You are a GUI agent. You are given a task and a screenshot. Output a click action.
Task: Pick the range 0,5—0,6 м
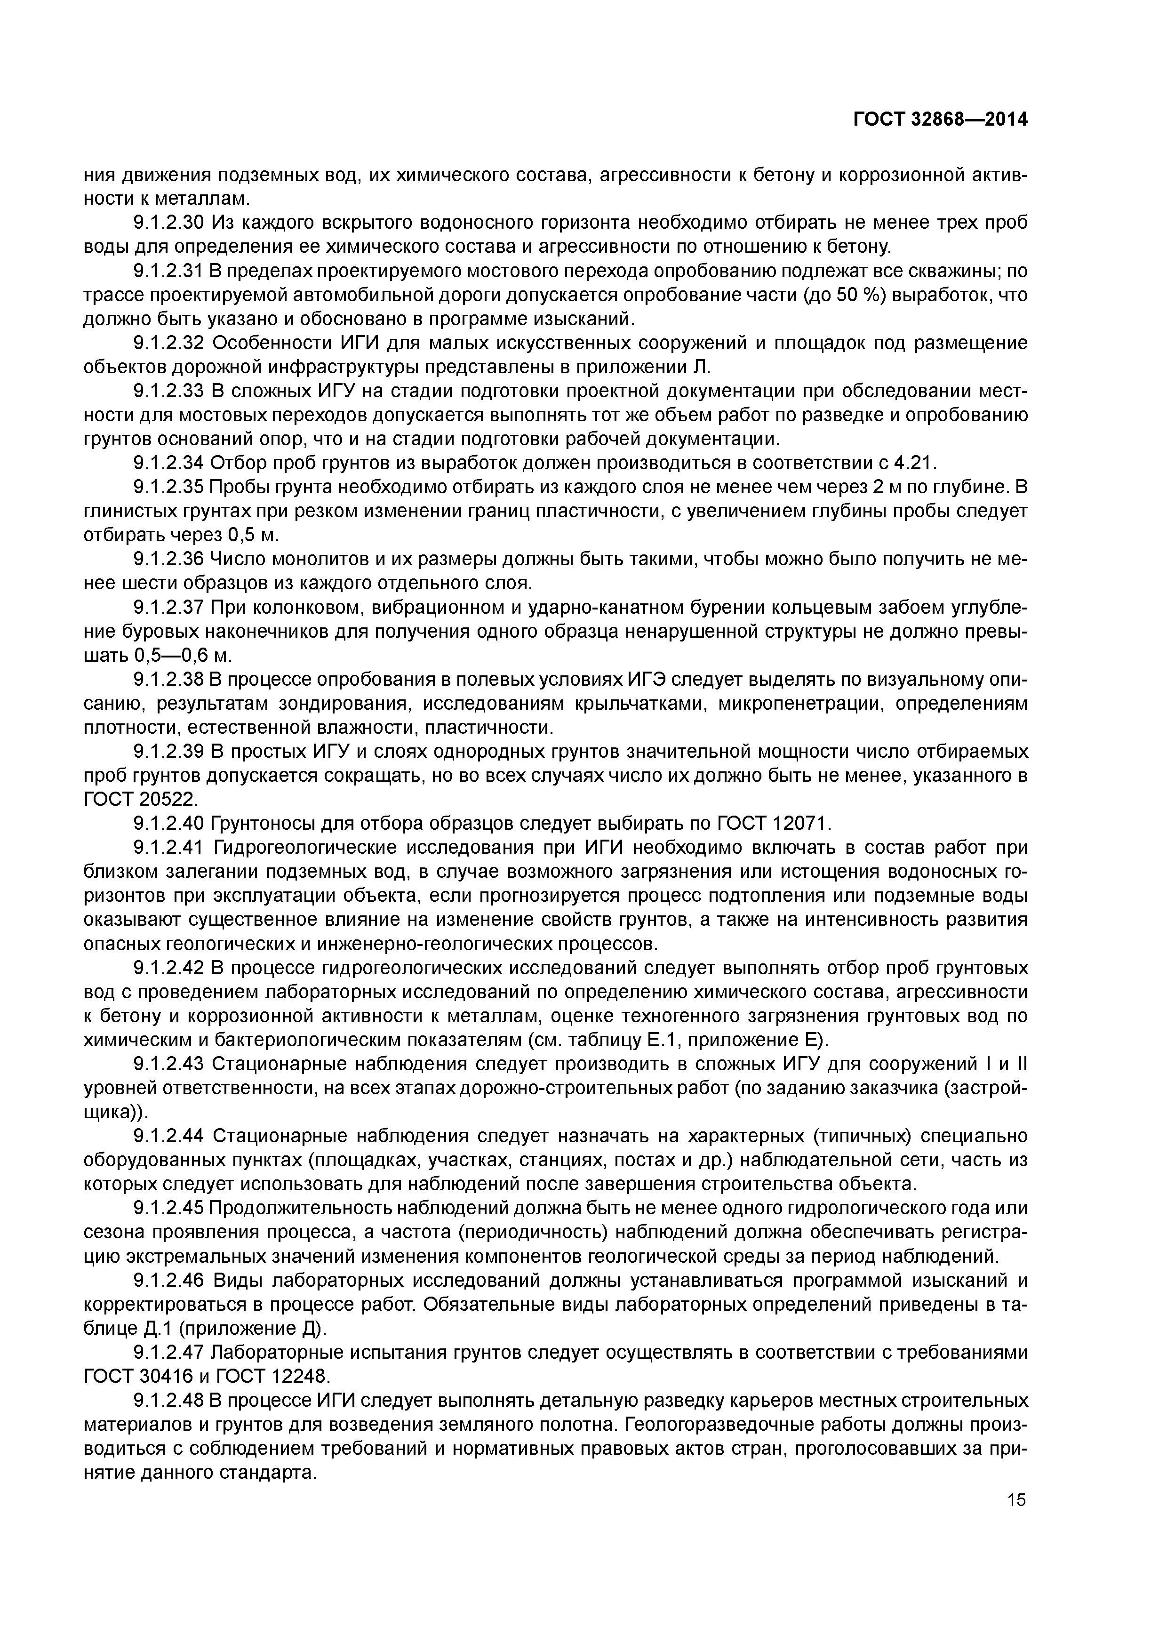tap(183, 655)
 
